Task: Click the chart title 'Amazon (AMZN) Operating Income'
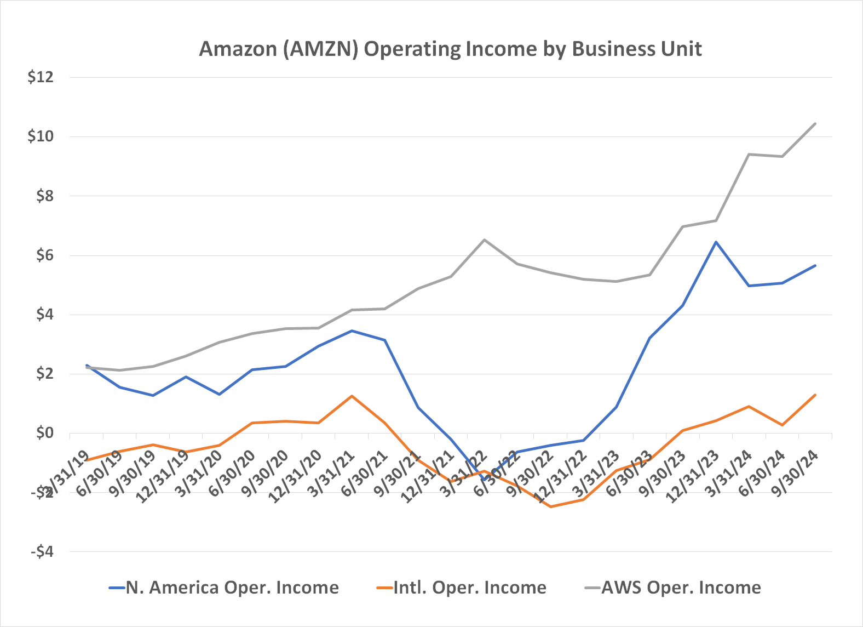(x=450, y=49)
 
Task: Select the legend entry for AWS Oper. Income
(x=681, y=588)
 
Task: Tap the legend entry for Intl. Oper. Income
(x=469, y=588)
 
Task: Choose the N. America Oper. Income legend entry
(x=232, y=588)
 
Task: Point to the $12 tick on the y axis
(x=41, y=77)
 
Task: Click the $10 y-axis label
(x=41, y=136)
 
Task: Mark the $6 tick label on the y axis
(x=44, y=255)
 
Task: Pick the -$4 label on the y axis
(x=42, y=551)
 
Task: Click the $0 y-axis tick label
(x=44, y=433)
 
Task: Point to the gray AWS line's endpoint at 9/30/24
(x=815, y=123)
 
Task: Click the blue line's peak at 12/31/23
(x=716, y=242)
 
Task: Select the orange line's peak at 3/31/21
(x=352, y=396)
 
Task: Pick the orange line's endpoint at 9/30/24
(x=815, y=395)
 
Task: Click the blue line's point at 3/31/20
(x=219, y=395)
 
